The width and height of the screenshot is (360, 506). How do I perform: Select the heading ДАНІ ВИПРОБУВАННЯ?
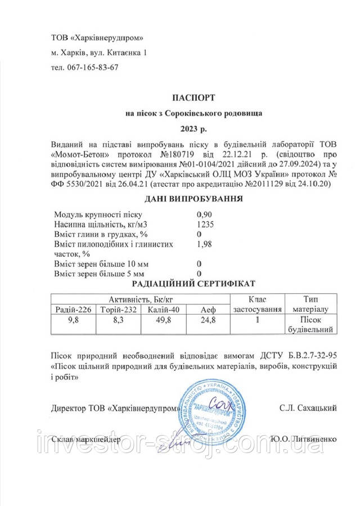point(193,199)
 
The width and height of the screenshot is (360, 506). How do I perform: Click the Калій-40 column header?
point(160,310)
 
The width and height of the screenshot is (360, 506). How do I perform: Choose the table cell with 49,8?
point(160,320)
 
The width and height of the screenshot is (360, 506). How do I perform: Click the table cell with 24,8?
point(208,320)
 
